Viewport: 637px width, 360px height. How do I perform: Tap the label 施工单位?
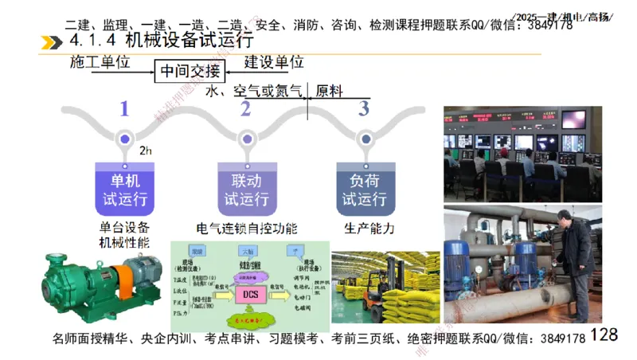(x=100, y=62)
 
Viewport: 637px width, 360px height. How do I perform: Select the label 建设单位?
(x=274, y=62)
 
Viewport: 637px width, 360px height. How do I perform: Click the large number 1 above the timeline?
(x=123, y=108)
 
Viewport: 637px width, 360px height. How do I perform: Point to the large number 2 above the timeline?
(x=245, y=108)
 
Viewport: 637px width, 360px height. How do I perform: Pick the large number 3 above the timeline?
(x=364, y=108)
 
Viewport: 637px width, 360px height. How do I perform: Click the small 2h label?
(x=146, y=151)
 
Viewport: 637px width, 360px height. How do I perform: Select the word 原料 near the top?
(x=329, y=91)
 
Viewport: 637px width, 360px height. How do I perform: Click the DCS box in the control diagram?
(x=248, y=295)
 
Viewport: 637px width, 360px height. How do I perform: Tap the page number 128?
(x=604, y=335)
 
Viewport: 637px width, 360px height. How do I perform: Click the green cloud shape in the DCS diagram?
(x=249, y=319)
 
